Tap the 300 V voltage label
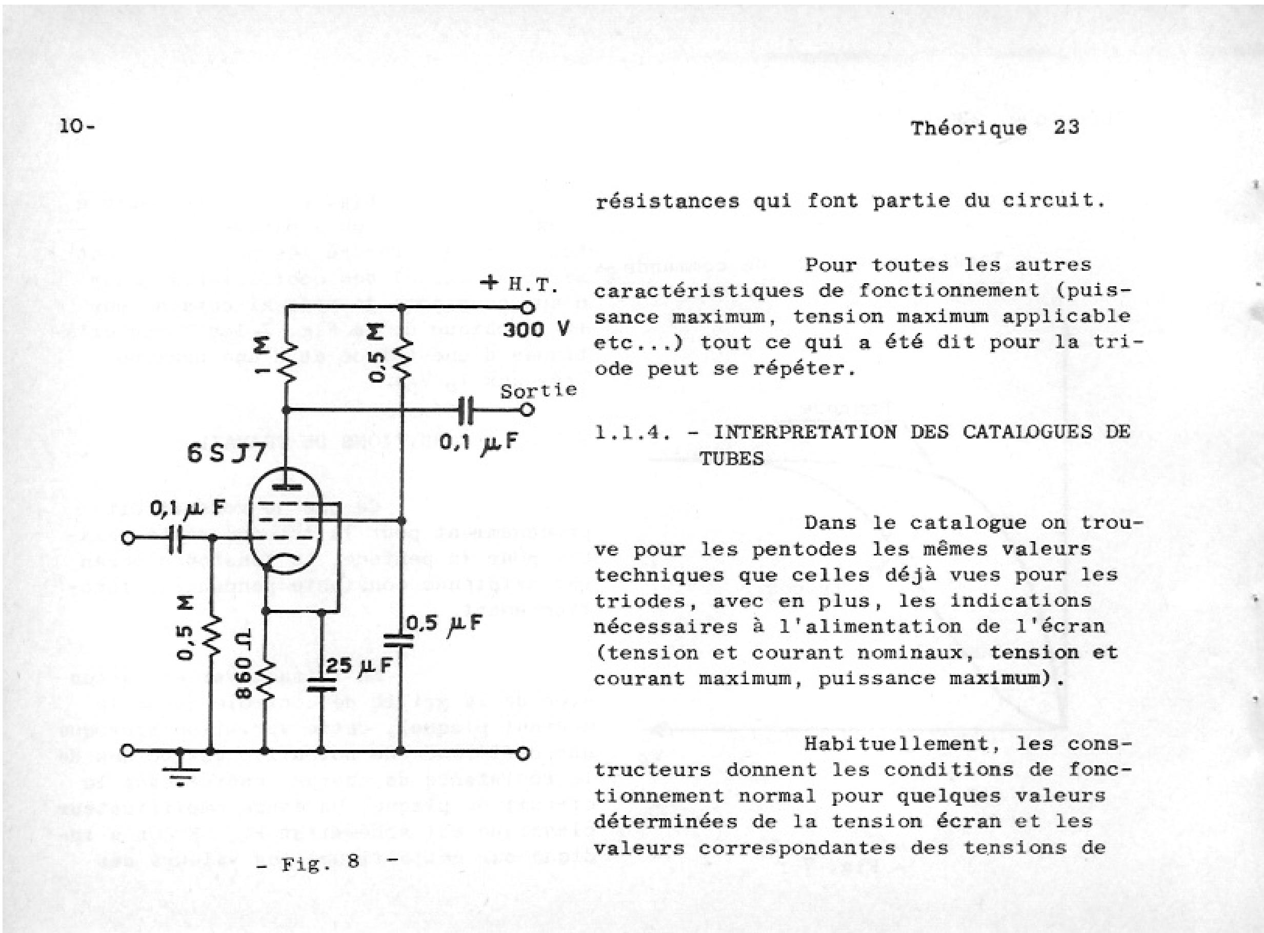coord(535,329)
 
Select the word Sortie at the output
coord(538,390)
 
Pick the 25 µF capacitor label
coord(358,666)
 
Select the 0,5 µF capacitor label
coord(444,623)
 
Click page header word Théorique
coord(968,128)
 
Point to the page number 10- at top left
coord(77,126)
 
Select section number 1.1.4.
coord(633,432)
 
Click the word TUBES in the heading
coord(732,458)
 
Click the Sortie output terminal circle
coord(527,409)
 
